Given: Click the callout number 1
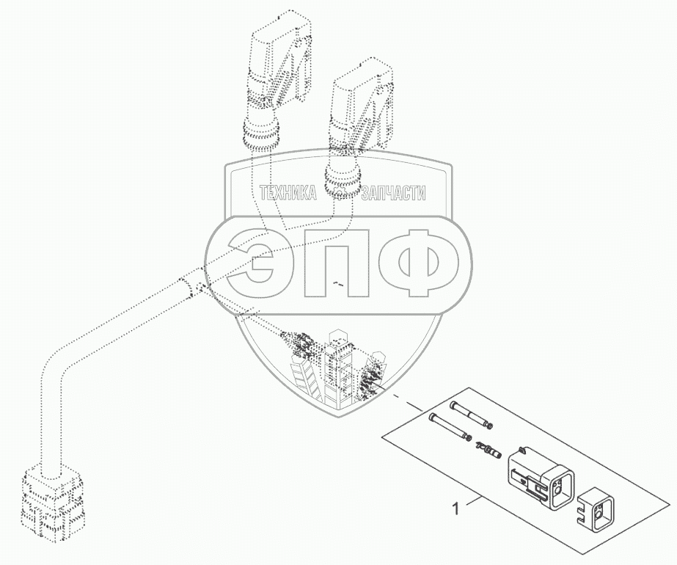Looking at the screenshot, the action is [x=455, y=508].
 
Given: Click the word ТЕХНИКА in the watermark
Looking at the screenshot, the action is [x=288, y=193].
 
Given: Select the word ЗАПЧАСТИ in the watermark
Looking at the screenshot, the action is [x=393, y=193].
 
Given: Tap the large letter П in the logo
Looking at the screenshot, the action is [x=337, y=263].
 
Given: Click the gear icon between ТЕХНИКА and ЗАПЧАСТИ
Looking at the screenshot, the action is [x=339, y=193].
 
